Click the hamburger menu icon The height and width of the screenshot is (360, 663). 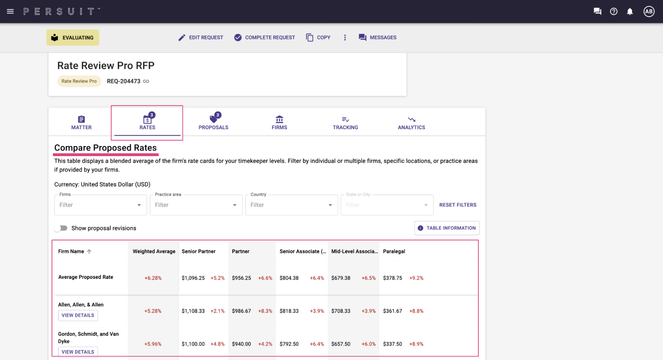point(10,11)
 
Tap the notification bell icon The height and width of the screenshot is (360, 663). point(630,11)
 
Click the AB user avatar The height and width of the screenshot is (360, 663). point(649,11)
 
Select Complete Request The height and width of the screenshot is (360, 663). point(265,37)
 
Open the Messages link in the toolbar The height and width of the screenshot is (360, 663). point(378,37)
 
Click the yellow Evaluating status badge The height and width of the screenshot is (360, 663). point(73,37)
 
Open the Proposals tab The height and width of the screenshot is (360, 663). point(213,121)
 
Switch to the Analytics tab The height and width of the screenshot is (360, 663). point(411,123)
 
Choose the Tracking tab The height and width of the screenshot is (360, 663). point(345,123)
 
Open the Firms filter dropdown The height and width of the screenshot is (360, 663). point(100,205)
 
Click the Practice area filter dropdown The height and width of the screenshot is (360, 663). point(196,205)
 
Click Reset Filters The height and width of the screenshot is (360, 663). point(458,205)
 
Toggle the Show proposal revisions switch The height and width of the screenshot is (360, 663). point(61,228)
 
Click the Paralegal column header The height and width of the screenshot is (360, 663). point(394,251)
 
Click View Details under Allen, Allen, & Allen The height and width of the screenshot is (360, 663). point(78,315)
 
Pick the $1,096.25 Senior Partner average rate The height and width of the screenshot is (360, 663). point(193,278)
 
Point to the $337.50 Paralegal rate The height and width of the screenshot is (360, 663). point(392,344)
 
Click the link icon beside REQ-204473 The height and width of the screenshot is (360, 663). point(146,81)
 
